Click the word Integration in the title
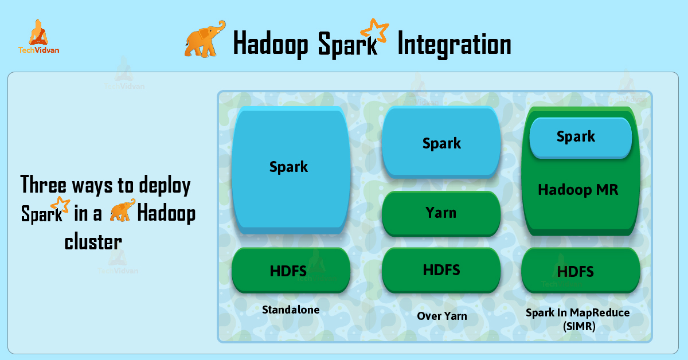pyautogui.click(x=454, y=44)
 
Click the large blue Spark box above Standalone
pyautogui.click(x=289, y=167)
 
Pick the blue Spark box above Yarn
pyautogui.click(x=441, y=143)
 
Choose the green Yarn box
pyautogui.click(x=441, y=213)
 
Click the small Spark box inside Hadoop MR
pyautogui.click(x=580, y=137)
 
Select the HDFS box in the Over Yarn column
pyautogui.click(x=441, y=269)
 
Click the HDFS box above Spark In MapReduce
pyautogui.click(x=580, y=271)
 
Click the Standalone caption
pyautogui.click(x=291, y=310)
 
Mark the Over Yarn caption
pyautogui.click(x=441, y=316)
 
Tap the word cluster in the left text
pyautogui.click(x=93, y=242)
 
